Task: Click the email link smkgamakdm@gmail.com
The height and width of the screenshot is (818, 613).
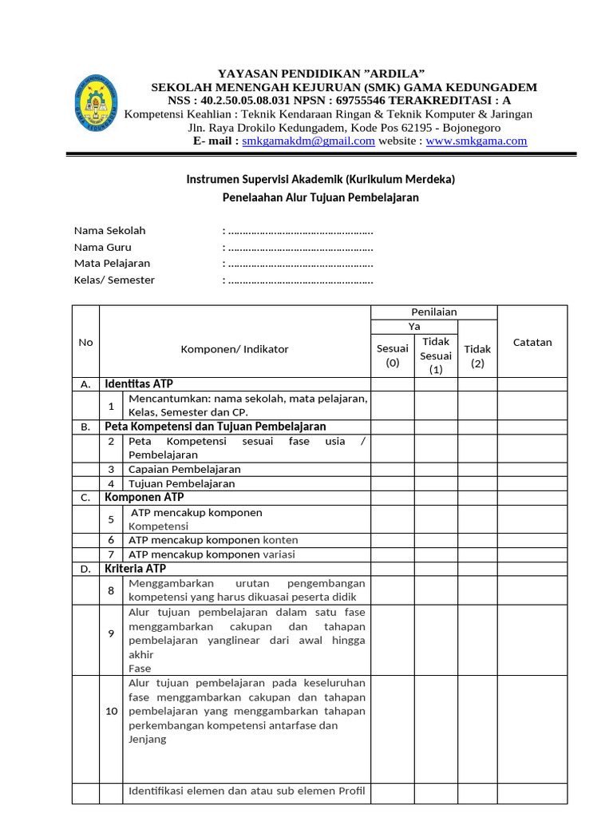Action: [x=308, y=141]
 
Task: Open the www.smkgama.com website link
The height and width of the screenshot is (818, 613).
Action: [x=477, y=141]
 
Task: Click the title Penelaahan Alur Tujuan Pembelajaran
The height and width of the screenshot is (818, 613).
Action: [x=320, y=197]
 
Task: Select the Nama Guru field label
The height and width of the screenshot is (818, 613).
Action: [x=103, y=247]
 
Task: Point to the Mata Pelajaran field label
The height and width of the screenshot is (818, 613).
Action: [x=112, y=263]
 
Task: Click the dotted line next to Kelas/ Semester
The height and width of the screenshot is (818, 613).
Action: [x=299, y=280]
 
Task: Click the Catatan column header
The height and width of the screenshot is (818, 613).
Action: [x=532, y=342]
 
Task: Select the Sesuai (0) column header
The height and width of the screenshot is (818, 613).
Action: [x=392, y=355]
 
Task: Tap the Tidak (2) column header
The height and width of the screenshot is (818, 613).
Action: [x=477, y=355]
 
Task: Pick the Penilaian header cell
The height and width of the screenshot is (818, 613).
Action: [x=433, y=312]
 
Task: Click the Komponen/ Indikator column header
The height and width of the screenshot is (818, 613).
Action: [x=235, y=349]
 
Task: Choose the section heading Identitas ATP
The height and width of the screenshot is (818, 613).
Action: [x=139, y=384]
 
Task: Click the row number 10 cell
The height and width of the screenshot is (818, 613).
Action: [x=112, y=711]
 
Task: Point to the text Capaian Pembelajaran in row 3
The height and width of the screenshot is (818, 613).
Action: [x=184, y=469]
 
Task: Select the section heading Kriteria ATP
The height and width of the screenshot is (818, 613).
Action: [x=136, y=569]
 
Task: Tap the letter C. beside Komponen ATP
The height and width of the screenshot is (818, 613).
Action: [x=85, y=498]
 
